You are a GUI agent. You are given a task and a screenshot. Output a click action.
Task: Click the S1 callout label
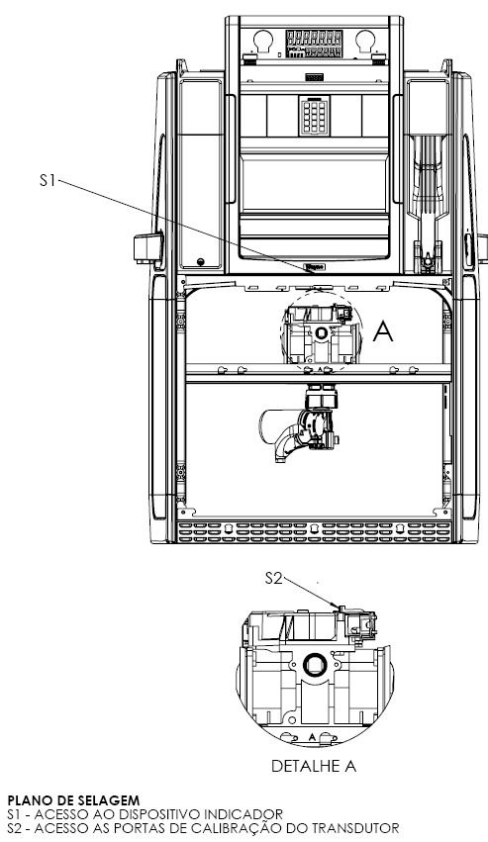pos(48,180)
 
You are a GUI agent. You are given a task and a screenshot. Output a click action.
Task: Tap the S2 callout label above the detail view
pos(273,579)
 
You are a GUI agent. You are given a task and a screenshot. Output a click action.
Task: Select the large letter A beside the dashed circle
pos(383,331)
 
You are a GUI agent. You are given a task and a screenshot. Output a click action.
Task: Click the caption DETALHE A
pos(314,766)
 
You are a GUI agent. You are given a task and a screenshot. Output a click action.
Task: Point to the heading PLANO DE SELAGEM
pos(73,801)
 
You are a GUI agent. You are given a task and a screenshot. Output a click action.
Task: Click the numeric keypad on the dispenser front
pos(315,117)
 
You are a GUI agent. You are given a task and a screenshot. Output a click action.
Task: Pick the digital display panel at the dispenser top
pos(315,45)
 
